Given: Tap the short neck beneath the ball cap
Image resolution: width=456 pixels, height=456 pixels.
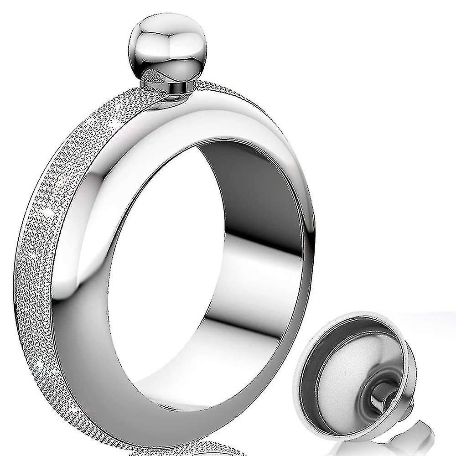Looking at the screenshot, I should [172, 89].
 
